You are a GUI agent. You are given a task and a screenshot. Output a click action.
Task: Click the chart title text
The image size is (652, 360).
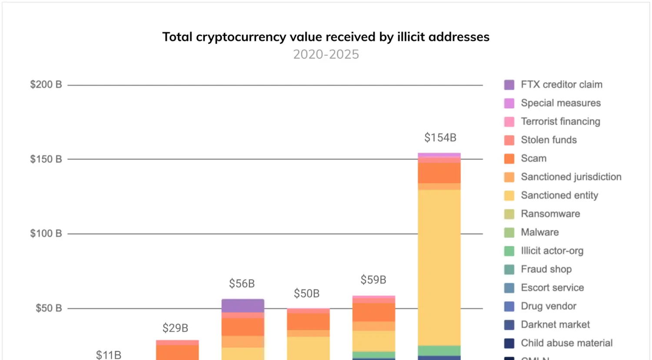[x=326, y=37]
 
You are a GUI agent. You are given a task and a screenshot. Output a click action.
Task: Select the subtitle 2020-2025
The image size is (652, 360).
[x=326, y=54]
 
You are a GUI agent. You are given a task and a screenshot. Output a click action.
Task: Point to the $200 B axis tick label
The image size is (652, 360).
[x=46, y=84]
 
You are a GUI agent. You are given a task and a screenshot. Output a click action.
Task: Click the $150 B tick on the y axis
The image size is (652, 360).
[x=46, y=159]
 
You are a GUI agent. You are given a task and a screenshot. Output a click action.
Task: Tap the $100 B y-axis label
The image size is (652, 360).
[x=46, y=233]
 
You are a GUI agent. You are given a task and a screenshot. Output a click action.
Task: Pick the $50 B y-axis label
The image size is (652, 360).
[x=48, y=308]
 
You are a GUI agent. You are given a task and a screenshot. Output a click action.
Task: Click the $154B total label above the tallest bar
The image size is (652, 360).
[x=440, y=138]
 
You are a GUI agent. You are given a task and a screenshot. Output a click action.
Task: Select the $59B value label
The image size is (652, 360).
[x=373, y=280]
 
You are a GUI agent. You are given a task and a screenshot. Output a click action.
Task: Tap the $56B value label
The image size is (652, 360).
[x=242, y=283]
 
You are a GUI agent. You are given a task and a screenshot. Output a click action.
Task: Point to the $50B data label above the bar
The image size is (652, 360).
[x=306, y=293]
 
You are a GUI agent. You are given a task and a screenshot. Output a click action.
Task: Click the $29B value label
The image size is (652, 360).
[x=175, y=328]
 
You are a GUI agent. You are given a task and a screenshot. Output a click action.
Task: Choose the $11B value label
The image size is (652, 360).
[x=108, y=355]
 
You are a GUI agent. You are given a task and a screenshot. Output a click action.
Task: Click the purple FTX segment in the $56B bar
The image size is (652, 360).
[x=243, y=306]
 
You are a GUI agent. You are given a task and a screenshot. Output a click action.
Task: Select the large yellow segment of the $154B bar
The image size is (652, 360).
[x=439, y=267]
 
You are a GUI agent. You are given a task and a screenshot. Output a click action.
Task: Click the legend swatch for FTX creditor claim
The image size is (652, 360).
[x=509, y=85]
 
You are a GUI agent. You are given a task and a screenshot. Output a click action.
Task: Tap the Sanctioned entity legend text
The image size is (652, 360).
[x=559, y=195]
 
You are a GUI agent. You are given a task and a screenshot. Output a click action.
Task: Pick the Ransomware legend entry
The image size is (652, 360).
[x=550, y=214]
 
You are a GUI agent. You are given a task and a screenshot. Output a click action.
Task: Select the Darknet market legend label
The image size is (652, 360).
[x=555, y=324]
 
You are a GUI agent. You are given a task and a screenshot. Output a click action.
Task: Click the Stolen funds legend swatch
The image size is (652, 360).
[x=509, y=140]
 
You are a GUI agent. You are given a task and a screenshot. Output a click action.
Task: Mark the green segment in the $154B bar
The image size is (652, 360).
[x=439, y=350]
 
